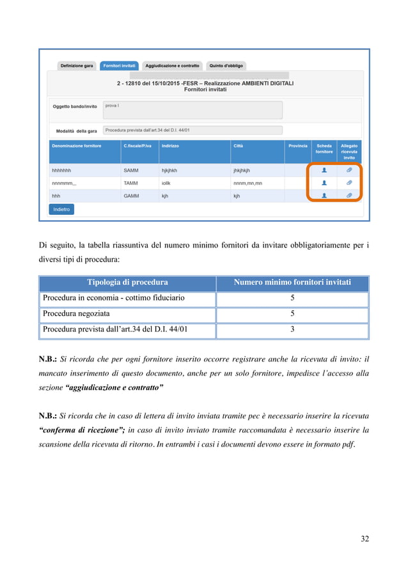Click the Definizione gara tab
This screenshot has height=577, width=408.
pos(77,66)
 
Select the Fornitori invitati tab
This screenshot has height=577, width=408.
pos(120,66)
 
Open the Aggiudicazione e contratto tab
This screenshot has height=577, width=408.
pos(173,66)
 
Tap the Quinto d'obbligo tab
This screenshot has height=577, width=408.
pos(226,66)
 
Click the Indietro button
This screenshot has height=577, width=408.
pos(61,209)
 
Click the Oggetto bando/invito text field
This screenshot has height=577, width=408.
pos(192,109)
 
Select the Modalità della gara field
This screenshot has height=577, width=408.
pos(192,130)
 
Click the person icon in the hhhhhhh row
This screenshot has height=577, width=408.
pos(324,171)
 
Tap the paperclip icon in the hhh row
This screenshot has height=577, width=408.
pos(349,195)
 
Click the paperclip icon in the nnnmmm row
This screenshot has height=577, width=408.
pos(349,183)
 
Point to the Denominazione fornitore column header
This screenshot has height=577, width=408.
pos(76,146)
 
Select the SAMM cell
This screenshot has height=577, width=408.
pos(130,171)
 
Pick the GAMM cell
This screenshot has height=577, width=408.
pos(130,196)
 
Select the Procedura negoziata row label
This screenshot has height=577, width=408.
pos(76,314)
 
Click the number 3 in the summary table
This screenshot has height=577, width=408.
pos(292,330)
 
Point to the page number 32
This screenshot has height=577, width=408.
pos(365,539)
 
